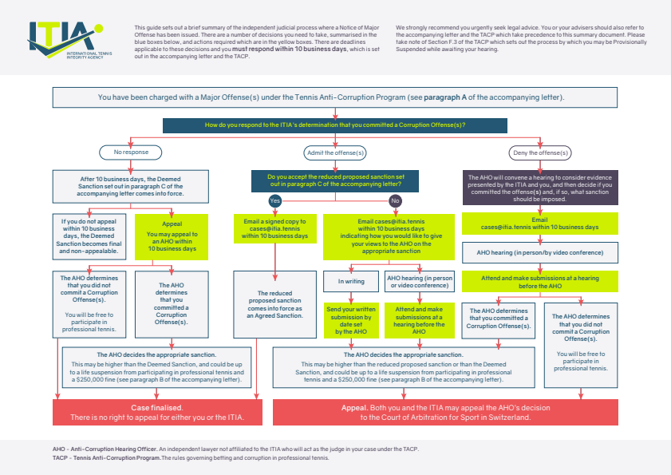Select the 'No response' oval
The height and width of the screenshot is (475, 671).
pos(130,152)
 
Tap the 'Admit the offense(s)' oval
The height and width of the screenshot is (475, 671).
pos(335,152)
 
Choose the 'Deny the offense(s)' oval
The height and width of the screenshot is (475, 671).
pos(540,152)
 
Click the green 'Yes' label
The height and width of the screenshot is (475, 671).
pos(275,200)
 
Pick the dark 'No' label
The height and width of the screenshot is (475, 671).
pos(395,200)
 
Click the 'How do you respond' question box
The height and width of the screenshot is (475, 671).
pos(335,125)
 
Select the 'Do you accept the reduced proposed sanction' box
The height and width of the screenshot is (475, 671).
pos(335,180)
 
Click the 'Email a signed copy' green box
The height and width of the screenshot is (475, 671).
pos(275,227)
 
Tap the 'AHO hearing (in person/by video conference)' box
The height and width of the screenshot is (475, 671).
pos(540,253)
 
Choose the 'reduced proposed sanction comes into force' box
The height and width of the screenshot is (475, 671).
pos(275,304)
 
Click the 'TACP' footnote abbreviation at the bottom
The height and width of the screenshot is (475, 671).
pos(59,458)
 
